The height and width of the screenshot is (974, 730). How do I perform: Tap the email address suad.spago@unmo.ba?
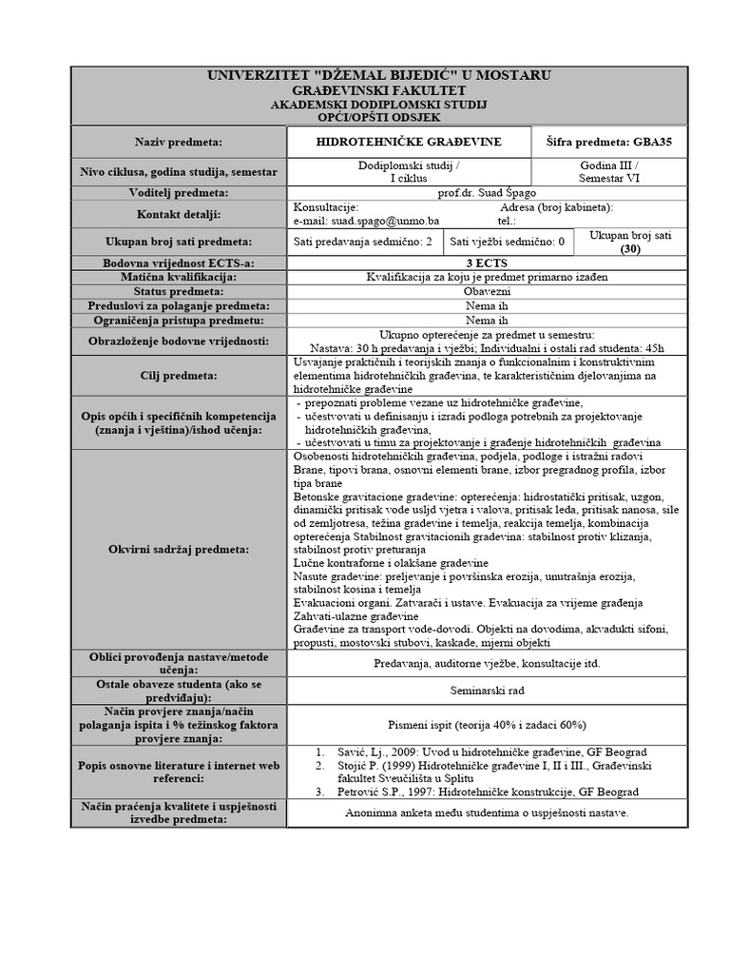(358, 221)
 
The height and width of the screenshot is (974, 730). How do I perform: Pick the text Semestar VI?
(610, 177)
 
